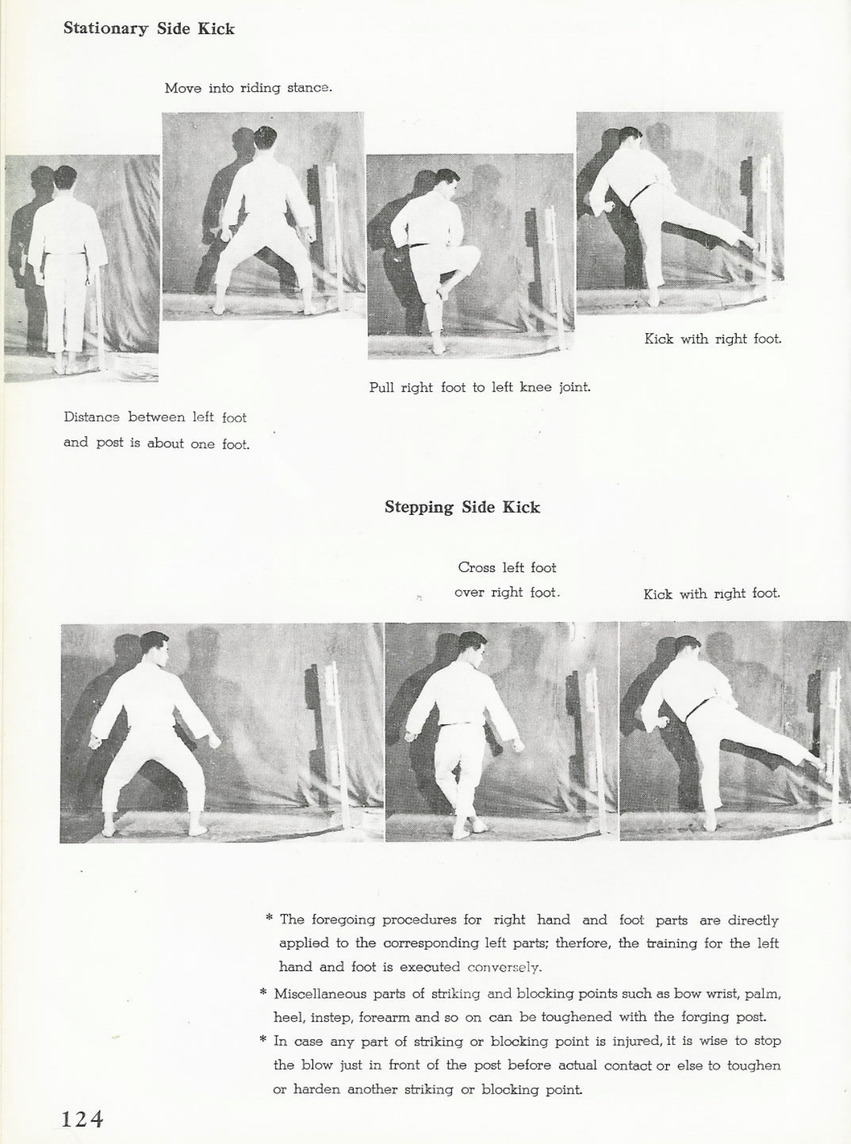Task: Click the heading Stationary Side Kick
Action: [149, 29]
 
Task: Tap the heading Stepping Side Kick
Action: [462, 507]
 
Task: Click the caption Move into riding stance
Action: [248, 88]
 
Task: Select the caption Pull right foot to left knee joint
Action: [479, 386]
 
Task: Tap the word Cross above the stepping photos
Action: [476, 567]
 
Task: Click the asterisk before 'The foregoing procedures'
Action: [269, 919]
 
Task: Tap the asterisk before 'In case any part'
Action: [263, 1040]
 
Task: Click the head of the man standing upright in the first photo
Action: [64, 178]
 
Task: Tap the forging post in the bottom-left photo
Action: [331, 732]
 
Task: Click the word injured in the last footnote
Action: [638, 1040]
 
